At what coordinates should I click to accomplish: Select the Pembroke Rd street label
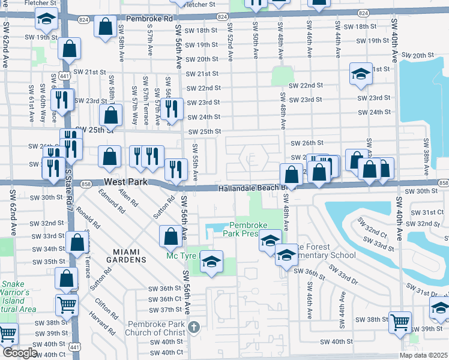[145, 18]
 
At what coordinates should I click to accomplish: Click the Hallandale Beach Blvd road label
[251, 188]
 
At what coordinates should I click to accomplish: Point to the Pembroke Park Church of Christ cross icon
[193, 327]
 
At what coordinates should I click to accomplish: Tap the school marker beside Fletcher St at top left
[46, 20]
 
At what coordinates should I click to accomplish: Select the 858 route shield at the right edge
[443, 182]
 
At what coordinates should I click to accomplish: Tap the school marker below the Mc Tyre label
[211, 262]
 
